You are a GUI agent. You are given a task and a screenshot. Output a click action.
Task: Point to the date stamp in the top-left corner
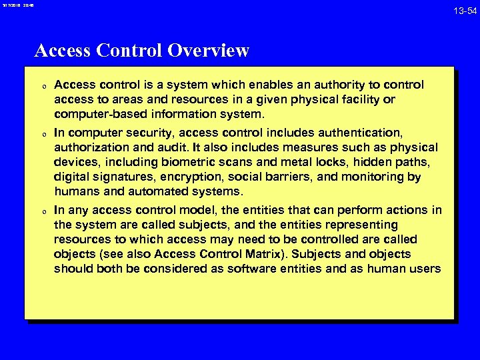point(17,5)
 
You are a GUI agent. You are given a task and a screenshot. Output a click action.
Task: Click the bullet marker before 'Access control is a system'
point(42,87)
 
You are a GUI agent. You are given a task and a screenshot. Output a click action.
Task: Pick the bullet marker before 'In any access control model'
point(42,212)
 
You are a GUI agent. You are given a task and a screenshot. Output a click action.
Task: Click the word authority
point(336,85)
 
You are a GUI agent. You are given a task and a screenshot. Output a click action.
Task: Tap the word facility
point(359,100)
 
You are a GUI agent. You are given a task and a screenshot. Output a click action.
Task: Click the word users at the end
point(427,269)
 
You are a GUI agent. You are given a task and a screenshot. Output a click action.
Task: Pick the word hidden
point(386,162)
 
